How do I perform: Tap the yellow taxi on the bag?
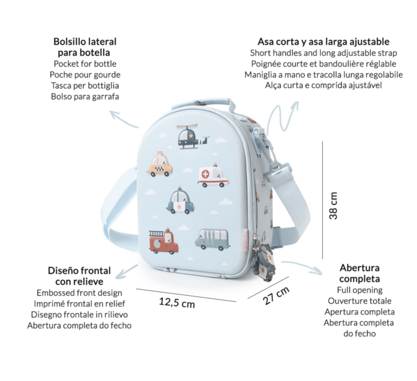[160, 164]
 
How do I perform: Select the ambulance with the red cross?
[213, 176]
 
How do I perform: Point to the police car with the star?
[181, 201]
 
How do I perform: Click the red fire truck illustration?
[164, 241]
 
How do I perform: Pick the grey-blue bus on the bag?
[212, 239]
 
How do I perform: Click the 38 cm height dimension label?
[333, 205]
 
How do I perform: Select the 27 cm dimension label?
[276, 295]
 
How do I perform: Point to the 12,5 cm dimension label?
[177, 302]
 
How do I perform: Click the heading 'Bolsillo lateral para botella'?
[85, 47]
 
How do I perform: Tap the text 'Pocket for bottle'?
[85, 64]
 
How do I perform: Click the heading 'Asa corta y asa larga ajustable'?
[323, 42]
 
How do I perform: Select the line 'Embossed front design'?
[79, 292]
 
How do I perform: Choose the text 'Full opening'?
[360, 290]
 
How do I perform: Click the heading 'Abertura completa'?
[360, 273]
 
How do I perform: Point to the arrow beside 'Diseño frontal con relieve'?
[126, 272]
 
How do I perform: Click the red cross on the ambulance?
[206, 174]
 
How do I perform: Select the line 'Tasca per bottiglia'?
[85, 86]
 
